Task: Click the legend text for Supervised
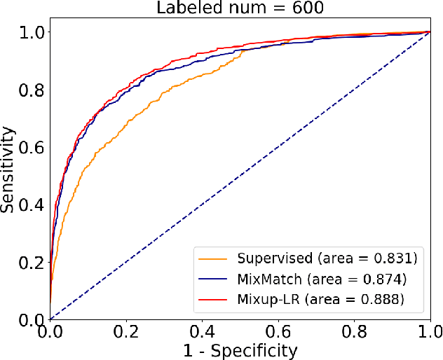327,258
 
